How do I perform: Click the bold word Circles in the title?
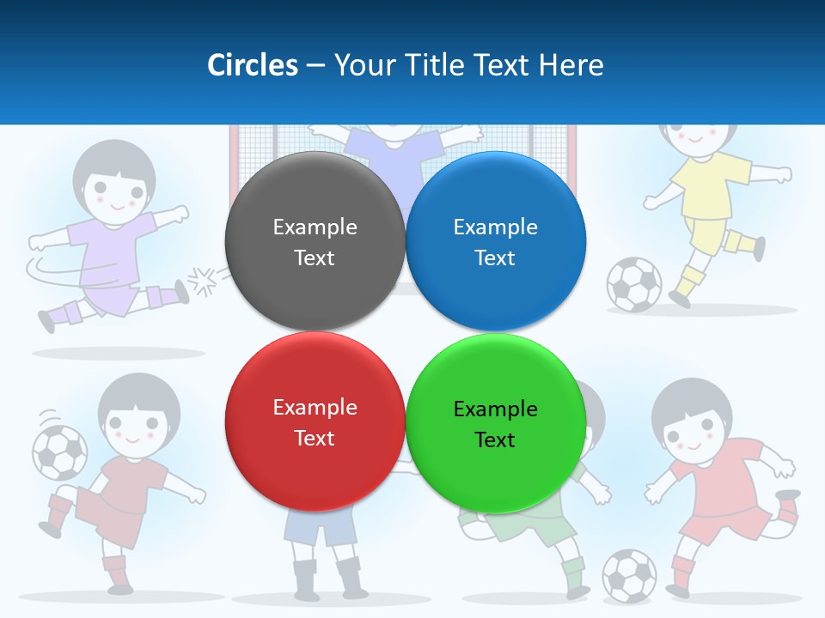pos(252,65)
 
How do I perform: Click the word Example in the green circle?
pos(495,409)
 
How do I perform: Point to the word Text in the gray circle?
pos(315,257)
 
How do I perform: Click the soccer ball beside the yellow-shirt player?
pos(634,284)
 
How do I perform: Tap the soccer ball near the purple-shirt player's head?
pos(59,451)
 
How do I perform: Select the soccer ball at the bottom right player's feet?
pos(629,574)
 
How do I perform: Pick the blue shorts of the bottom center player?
pos(320,527)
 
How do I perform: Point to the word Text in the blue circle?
pos(495,257)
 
